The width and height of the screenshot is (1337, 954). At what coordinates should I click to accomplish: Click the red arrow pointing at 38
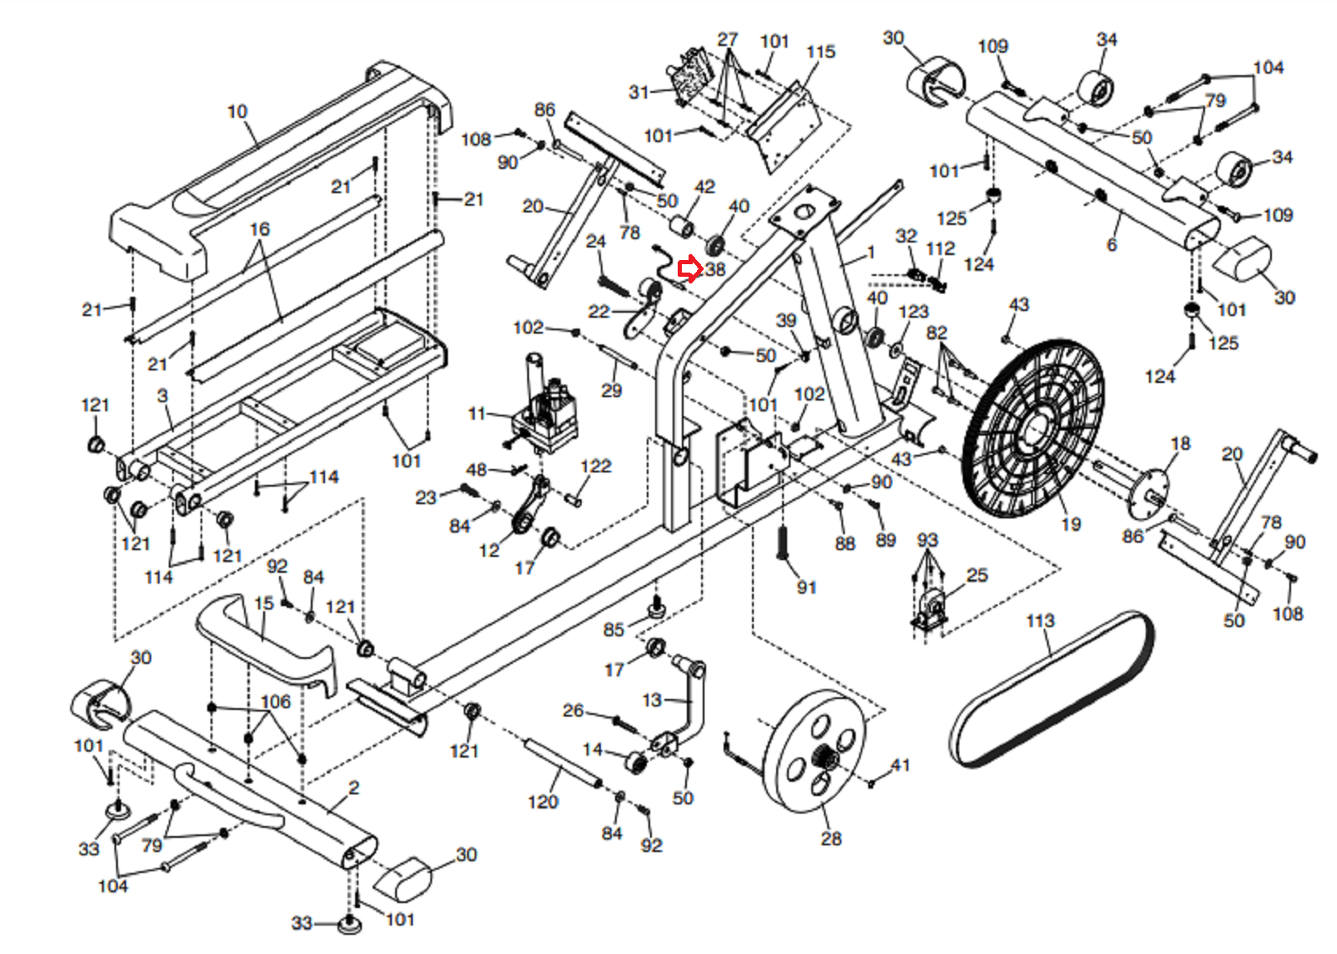[689, 269]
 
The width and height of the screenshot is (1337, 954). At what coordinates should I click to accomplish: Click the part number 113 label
[1040, 620]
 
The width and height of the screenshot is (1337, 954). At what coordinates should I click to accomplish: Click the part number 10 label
[237, 111]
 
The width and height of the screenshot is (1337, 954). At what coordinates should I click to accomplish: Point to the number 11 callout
[477, 413]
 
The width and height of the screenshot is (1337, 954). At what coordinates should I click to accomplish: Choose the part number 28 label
[831, 839]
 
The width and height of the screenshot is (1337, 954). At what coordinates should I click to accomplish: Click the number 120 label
[543, 802]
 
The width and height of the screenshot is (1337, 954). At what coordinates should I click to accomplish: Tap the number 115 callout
[821, 52]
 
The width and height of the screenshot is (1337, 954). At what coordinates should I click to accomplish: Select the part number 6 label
[1111, 245]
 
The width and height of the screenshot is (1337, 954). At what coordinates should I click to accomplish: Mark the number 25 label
[977, 575]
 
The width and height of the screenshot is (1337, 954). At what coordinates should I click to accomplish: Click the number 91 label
[806, 587]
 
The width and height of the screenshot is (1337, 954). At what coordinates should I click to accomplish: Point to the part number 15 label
[264, 603]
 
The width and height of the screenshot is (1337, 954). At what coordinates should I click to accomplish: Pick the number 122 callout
[596, 466]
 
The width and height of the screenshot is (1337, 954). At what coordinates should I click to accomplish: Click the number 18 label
[1180, 443]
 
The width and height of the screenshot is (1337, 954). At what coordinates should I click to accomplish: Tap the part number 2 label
[354, 788]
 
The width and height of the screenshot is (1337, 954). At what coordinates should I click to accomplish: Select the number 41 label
[900, 764]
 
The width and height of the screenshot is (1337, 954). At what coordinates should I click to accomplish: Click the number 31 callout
[638, 92]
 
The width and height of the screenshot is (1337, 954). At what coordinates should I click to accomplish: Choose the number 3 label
[163, 395]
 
